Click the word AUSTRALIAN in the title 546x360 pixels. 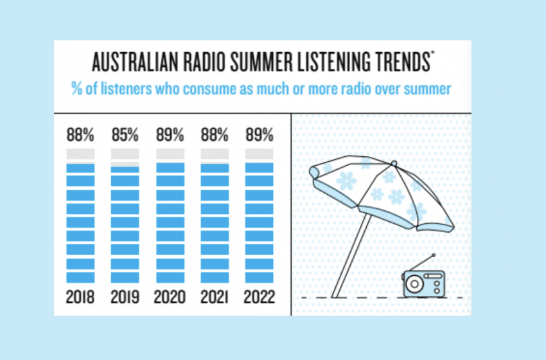(x=135, y=62)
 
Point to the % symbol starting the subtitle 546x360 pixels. (x=77, y=89)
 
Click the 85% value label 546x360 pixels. (x=125, y=135)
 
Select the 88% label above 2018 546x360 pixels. (x=80, y=135)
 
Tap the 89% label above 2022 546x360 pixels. (x=260, y=135)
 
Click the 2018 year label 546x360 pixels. (x=80, y=297)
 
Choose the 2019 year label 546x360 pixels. (x=125, y=297)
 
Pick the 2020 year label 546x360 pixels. (x=170, y=297)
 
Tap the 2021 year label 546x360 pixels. (x=214, y=297)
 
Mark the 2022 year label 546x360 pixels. (x=260, y=297)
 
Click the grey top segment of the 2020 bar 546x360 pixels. (x=170, y=154)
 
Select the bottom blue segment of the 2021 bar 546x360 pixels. (x=215, y=278)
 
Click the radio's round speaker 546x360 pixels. (x=414, y=284)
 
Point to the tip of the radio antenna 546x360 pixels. (x=434, y=255)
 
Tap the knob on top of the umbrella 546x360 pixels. (x=394, y=163)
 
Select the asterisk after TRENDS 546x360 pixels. (x=432, y=53)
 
